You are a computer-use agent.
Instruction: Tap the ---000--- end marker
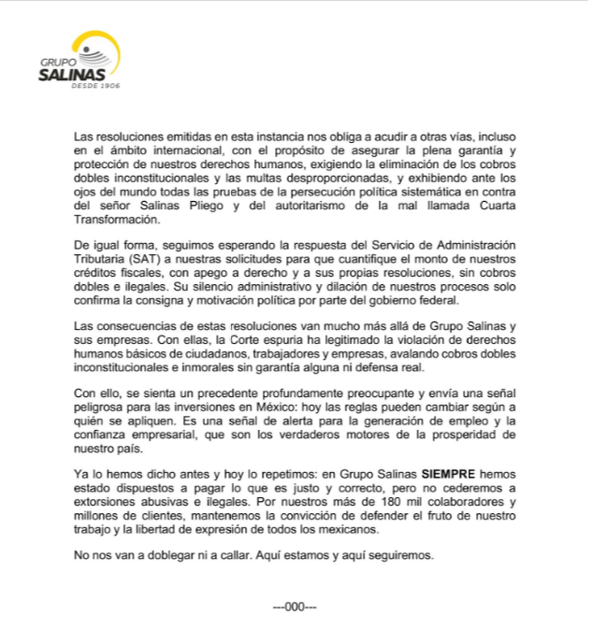click(x=296, y=606)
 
